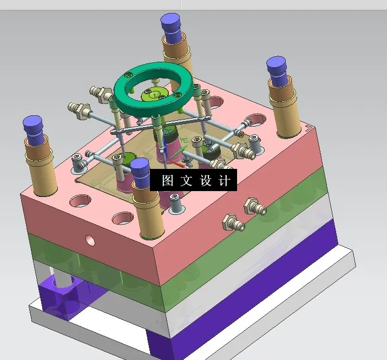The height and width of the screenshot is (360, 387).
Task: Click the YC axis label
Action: coord(183,140)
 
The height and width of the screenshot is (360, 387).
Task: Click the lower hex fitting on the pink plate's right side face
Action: coord(234,221)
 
